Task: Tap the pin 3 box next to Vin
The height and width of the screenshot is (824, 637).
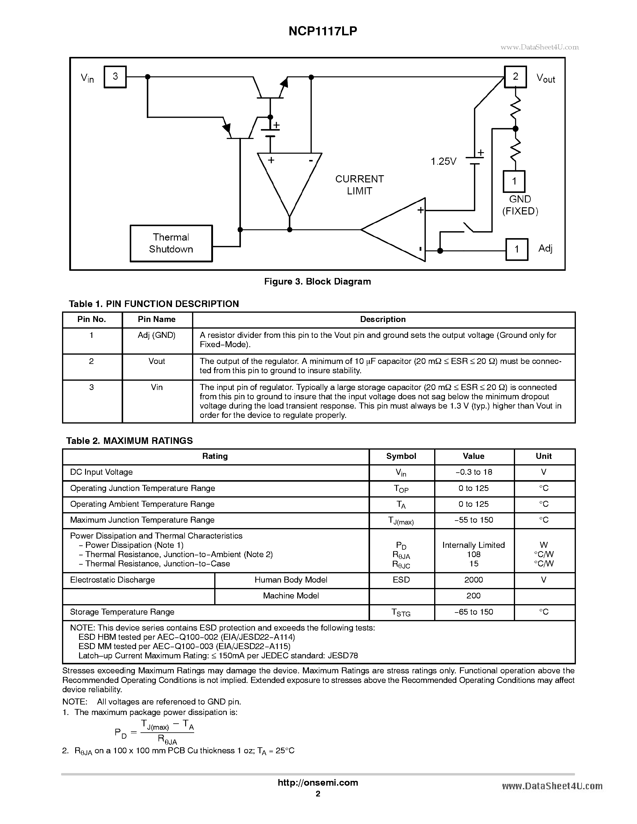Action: tap(115, 77)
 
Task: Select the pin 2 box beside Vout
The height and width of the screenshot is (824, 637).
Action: tap(515, 77)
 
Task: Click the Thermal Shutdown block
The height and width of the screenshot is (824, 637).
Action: tap(171, 243)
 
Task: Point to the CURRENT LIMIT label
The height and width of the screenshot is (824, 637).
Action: tap(359, 185)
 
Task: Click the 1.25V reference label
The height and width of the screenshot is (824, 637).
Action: tap(443, 161)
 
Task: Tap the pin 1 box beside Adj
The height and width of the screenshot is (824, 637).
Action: tap(517, 249)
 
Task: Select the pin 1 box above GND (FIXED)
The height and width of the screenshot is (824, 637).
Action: tap(514, 182)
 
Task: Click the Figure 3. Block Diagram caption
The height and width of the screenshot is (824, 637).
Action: tap(317, 282)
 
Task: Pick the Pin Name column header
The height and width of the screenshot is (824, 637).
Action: tap(157, 320)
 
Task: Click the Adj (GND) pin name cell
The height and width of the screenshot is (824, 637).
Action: tap(157, 335)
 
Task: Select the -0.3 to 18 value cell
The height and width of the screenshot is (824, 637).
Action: tap(474, 472)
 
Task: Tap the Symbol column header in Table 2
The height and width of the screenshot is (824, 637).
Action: tap(401, 456)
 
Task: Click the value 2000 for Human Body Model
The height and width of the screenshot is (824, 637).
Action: tap(474, 580)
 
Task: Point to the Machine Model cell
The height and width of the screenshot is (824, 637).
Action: tap(291, 596)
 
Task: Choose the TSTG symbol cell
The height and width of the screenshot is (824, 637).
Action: tap(401, 612)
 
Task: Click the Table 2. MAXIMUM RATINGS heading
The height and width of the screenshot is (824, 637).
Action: tap(129, 441)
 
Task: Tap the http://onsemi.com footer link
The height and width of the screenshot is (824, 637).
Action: tap(318, 782)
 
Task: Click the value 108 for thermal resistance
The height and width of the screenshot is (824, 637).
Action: tap(474, 554)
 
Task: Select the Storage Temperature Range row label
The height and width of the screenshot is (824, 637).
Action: tap(122, 612)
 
